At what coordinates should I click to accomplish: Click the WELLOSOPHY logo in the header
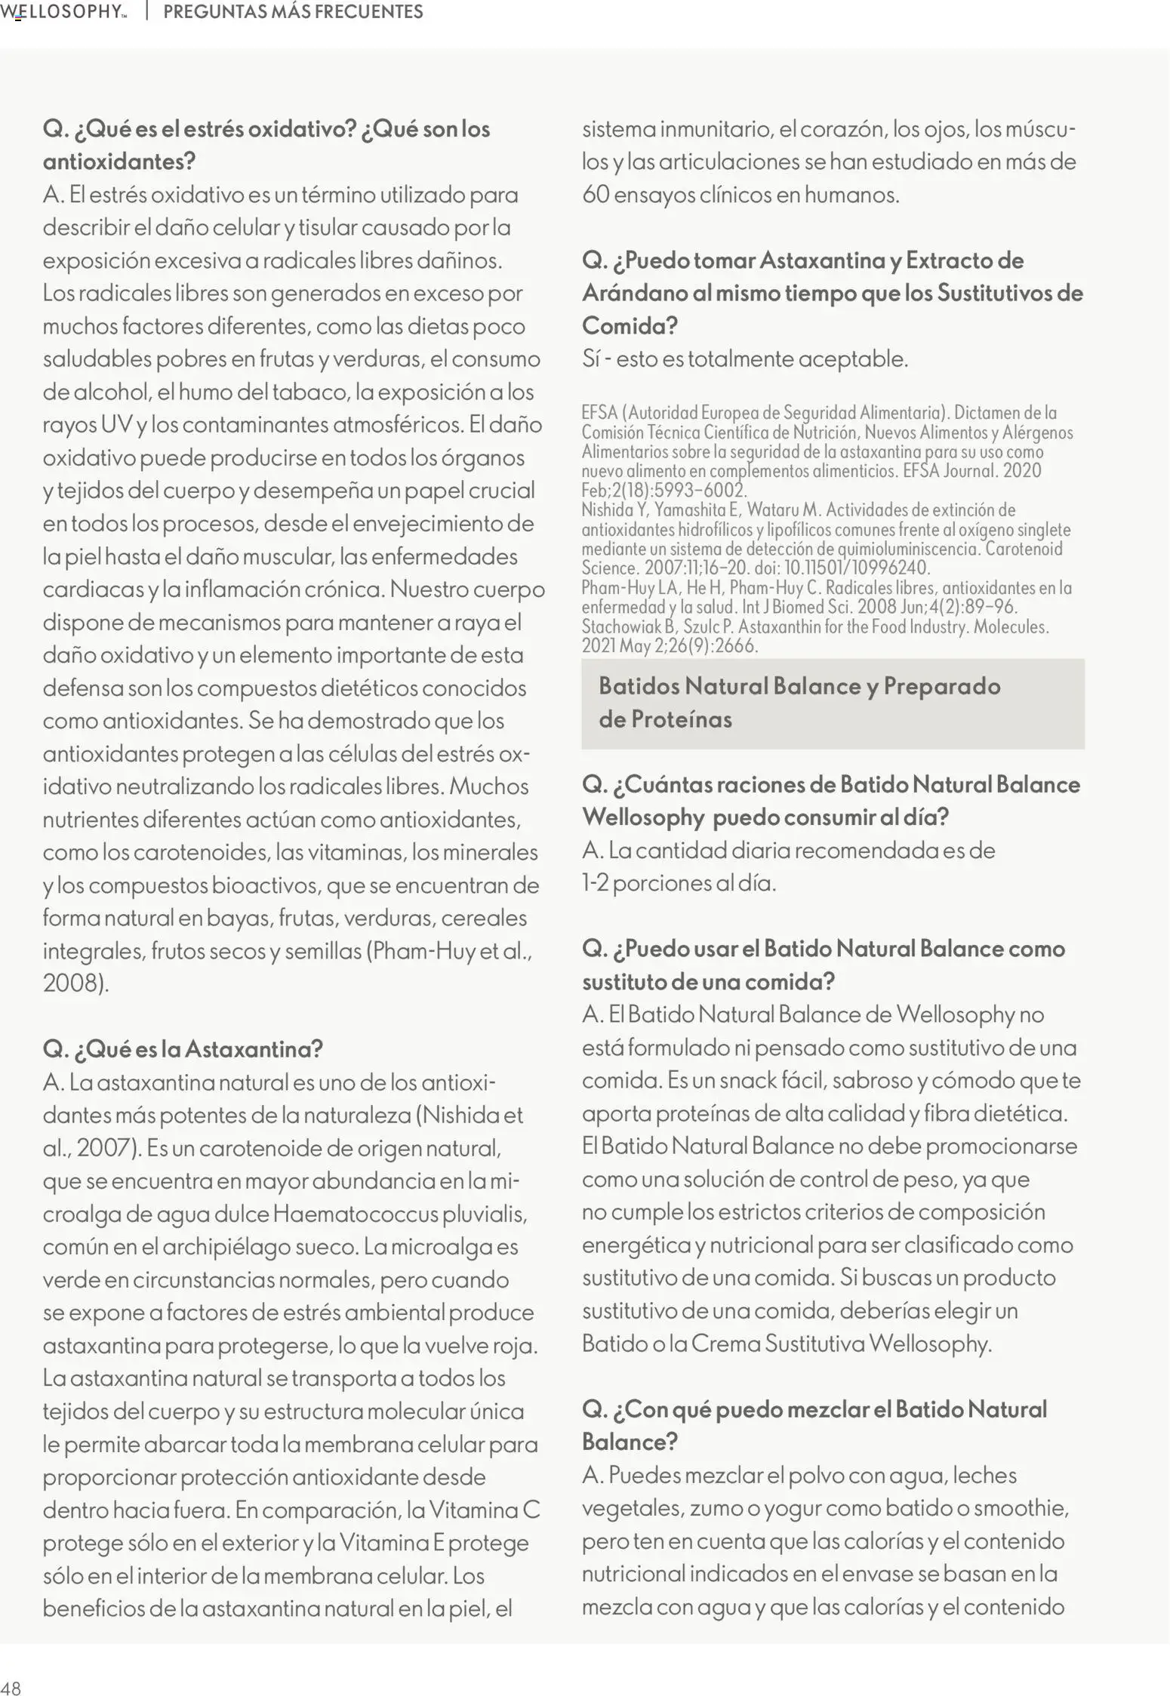click(x=63, y=12)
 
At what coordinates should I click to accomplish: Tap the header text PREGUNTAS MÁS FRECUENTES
click(x=293, y=12)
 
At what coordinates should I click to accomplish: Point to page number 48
click(x=11, y=1688)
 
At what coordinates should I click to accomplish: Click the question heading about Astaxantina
click(x=183, y=1048)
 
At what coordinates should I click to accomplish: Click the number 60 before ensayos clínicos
click(x=596, y=195)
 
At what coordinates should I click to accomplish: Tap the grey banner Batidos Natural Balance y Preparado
click(x=832, y=703)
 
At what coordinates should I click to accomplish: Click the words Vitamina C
click(x=485, y=1510)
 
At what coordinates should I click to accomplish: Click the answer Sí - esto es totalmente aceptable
click(x=744, y=359)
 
